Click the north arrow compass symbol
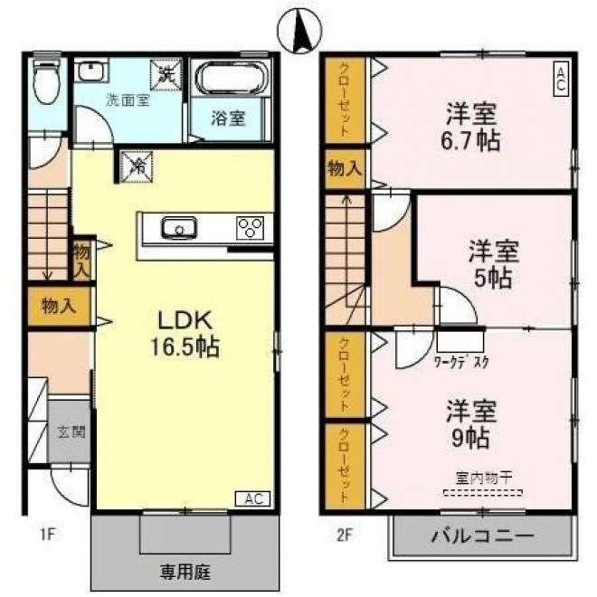tap(300, 31)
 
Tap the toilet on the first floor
tap(46, 81)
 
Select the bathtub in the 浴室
tap(230, 77)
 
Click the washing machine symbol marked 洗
tap(166, 75)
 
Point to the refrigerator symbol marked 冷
tap(137, 166)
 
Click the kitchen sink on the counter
tap(179, 228)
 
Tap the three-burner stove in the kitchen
tap(250, 228)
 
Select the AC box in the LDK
tap(252, 498)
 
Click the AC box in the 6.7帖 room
tap(561, 80)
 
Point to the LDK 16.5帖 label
tap(185, 334)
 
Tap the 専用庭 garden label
tap(185, 572)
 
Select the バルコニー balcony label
tap(482, 535)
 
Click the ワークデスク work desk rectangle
tap(460, 342)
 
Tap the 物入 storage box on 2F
tap(345, 168)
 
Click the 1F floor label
tap(47, 535)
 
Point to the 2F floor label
tap(344, 535)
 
